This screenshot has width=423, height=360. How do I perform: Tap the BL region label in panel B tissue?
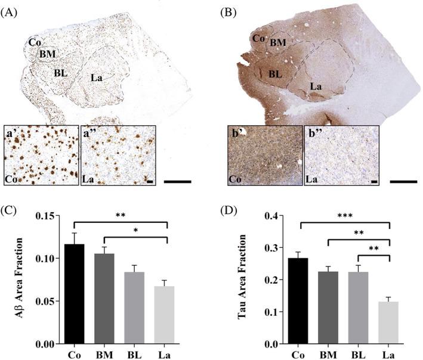(274, 75)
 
